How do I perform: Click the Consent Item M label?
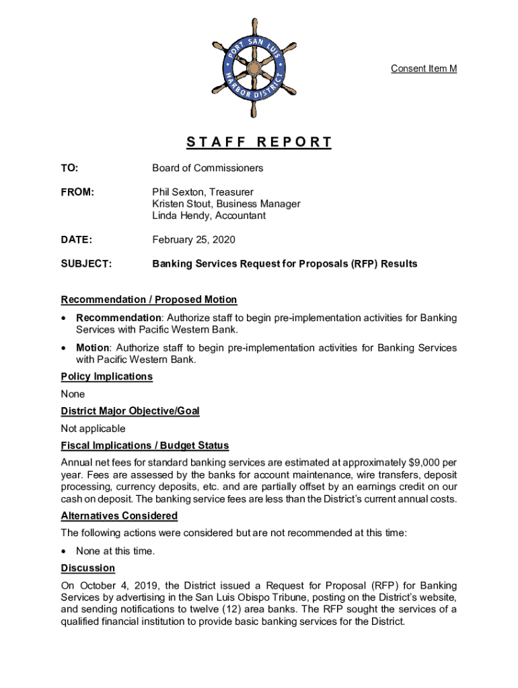(x=424, y=69)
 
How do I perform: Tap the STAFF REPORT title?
(x=259, y=142)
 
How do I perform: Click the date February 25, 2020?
(x=194, y=240)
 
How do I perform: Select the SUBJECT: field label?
(x=86, y=264)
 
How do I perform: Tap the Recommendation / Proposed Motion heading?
(x=149, y=300)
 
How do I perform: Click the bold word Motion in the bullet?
(x=92, y=348)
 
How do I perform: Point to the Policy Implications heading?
(x=106, y=377)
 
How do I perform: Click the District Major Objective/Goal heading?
(x=130, y=411)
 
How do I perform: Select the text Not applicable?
(x=93, y=429)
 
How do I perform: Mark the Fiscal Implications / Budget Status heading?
(x=145, y=446)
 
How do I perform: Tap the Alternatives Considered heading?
(x=119, y=516)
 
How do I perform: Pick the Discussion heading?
(x=87, y=568)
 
